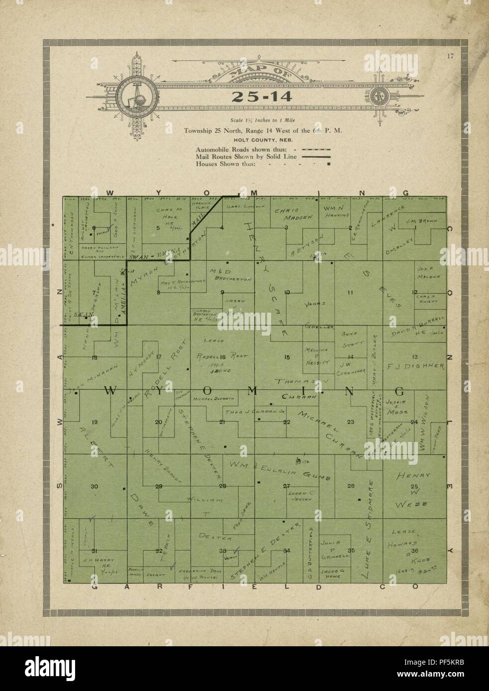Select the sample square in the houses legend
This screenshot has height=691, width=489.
[328, 164]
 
